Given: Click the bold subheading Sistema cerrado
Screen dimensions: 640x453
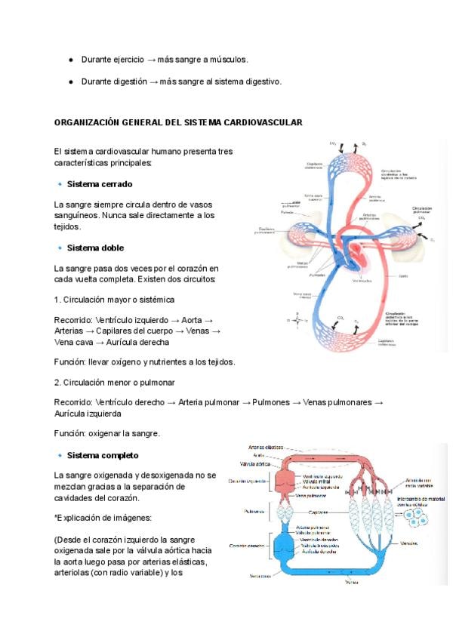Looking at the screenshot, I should click(100, 184).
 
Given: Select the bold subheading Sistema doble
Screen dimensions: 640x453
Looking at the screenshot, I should click(95, 248).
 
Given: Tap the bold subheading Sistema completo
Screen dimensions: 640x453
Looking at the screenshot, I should click(103, 455).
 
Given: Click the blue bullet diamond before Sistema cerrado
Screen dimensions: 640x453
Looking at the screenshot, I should click(59, 184).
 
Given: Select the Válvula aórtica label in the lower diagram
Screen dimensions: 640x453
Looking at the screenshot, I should click(256, 464).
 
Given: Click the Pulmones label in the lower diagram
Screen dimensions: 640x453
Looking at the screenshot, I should click(254, 511).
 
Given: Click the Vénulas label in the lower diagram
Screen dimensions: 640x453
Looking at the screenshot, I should click(411, 543).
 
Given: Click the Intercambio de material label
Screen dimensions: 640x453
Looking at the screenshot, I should click(424, 500).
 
